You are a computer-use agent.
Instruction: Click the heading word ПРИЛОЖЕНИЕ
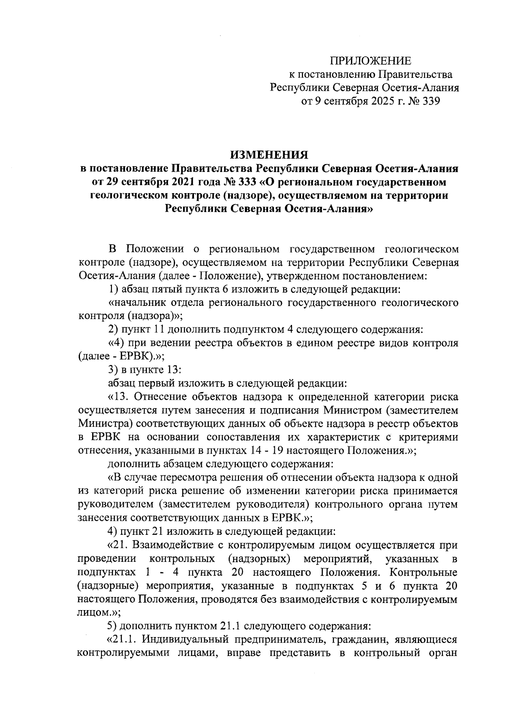(370, 61)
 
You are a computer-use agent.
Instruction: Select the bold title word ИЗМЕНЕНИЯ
(269, 155)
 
